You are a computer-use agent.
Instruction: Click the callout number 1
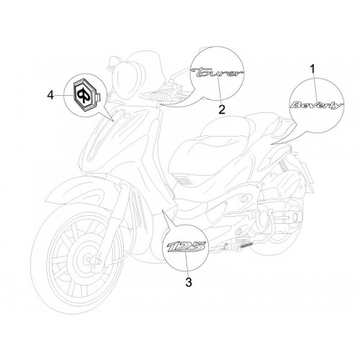point(312,70)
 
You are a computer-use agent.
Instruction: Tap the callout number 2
point(222,109)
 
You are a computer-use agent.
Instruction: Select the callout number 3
point(189,282)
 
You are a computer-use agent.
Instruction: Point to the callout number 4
point(50,95)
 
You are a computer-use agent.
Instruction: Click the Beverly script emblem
point(317,105)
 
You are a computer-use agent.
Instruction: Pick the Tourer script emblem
point(217,73)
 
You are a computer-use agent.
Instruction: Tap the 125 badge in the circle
point(186,247)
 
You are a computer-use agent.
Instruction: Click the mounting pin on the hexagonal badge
point(98,97)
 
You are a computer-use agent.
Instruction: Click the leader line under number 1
point(315,88)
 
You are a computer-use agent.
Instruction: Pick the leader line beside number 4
point(64,95)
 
